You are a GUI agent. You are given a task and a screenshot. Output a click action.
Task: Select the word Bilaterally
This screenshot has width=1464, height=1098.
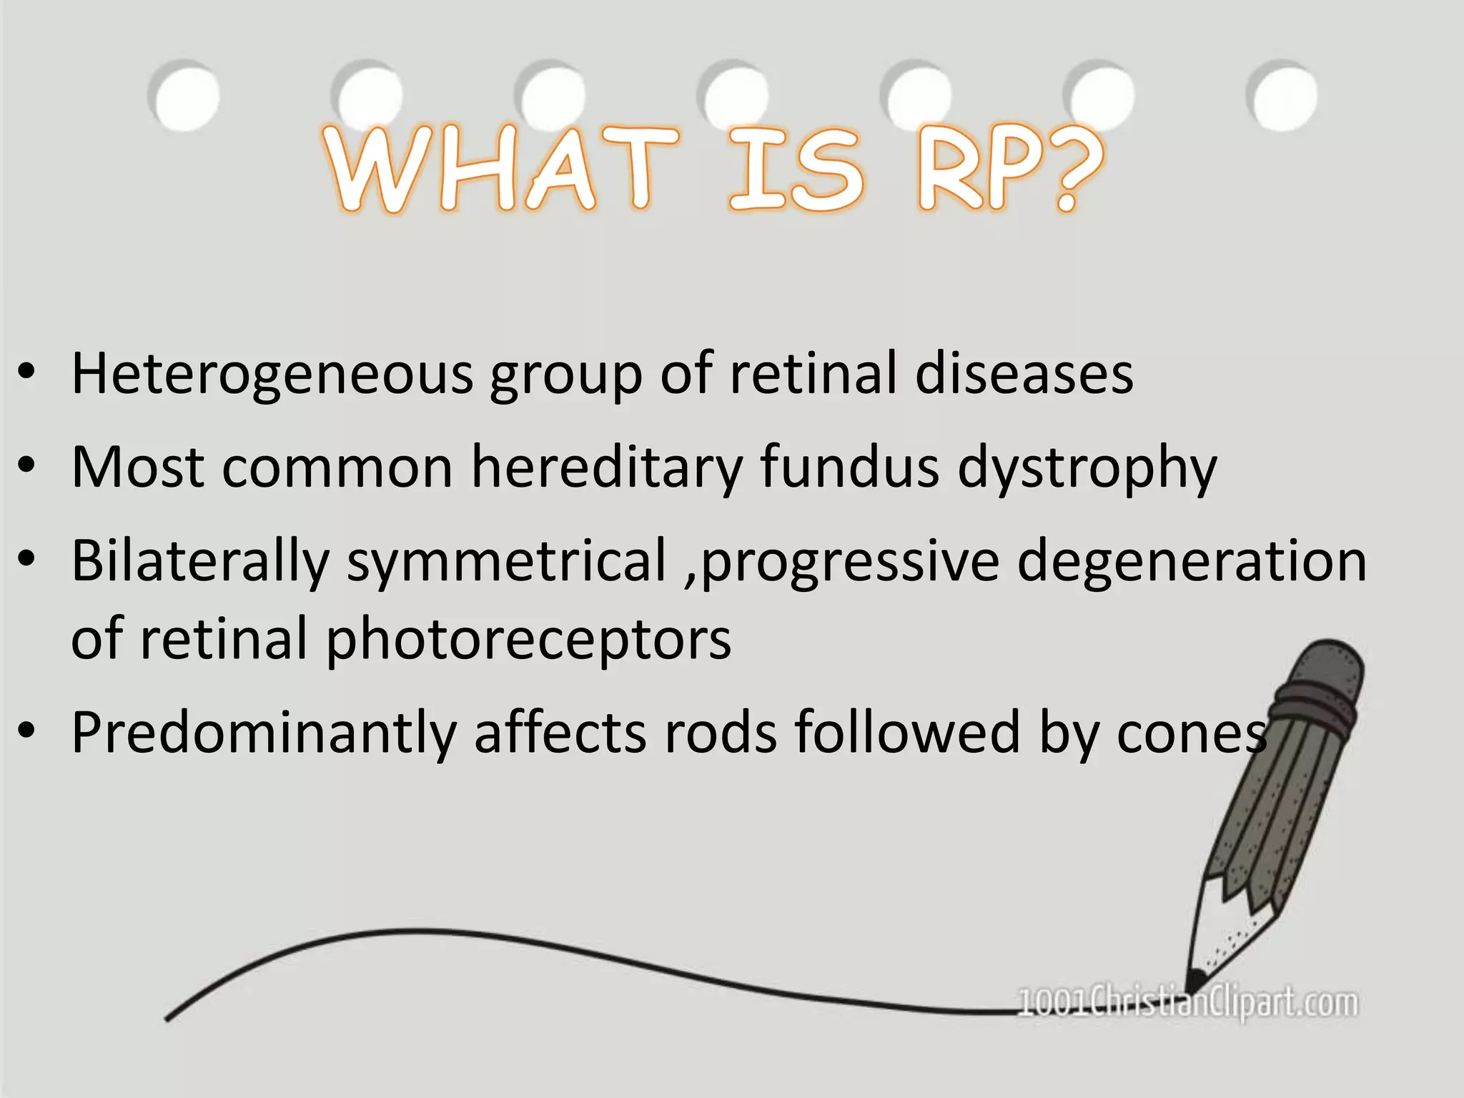coord(200,561)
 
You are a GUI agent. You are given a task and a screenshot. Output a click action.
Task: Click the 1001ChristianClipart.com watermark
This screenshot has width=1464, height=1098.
coord(1187,1002)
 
